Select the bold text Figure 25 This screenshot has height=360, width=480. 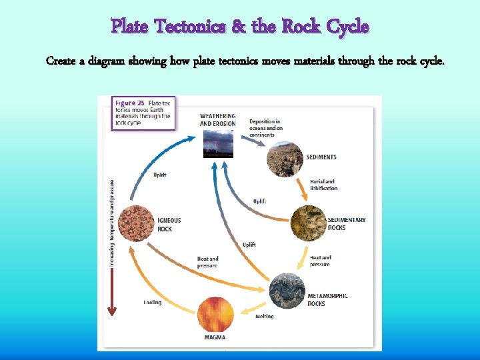click(x=130, y=103)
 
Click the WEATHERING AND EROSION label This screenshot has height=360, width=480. click(x=217, y=120)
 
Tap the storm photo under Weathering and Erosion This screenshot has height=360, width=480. click(x=218, y=143)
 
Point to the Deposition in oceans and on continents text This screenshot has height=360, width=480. click(x=265, y=128)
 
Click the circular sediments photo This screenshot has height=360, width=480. click(x=285, y=159)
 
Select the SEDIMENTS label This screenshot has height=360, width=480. click(x=321, y=157)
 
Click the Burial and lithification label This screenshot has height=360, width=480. click(x=323, y=185)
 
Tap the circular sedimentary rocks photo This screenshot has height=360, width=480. click(x=307, y=223)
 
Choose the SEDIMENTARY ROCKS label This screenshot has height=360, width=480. click(x=346, y=224)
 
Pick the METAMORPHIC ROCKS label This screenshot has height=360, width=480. click(x=327, y=299)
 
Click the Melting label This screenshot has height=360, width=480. click(x=265, y=317)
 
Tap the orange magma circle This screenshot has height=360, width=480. click(x=215, y=314)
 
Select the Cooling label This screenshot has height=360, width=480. click(x=152, y=302)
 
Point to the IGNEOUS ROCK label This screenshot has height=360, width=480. click(x=169, y=225)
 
